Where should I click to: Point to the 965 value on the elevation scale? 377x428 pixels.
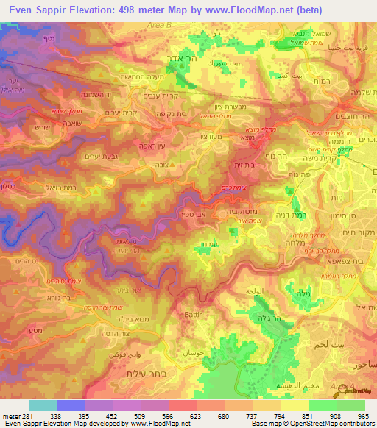(364, 415)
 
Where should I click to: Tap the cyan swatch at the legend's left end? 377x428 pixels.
(43, 405)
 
